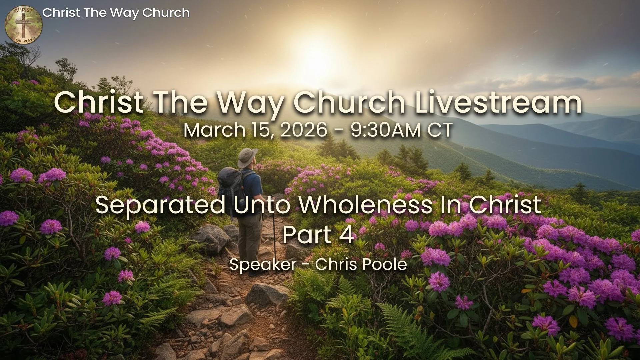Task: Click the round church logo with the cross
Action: pyautogui.click(x=23, y=25)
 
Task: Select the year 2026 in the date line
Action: pyautogui.click(x=304, y=130)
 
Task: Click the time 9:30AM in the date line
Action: pyautogui.click(x=385, y=130)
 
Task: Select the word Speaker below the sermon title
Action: pyautogui.click(x=263, y=264)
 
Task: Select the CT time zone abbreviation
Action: pyautogui.click(x=440, y=130)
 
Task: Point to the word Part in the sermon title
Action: pyautogui.click(x=307, y=235)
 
